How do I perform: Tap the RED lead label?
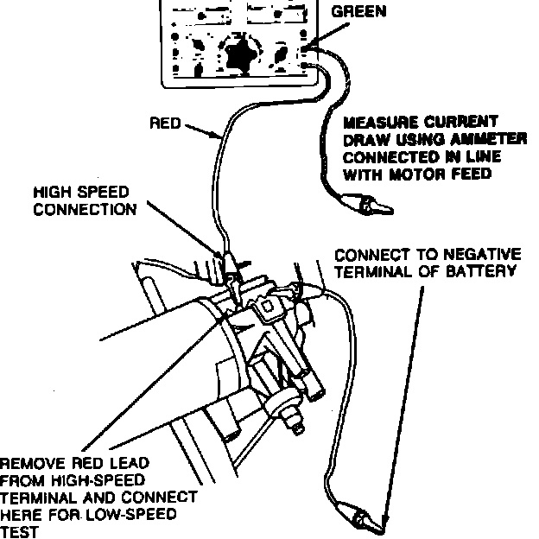165,124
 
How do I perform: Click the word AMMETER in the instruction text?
483,141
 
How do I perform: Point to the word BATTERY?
486,270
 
